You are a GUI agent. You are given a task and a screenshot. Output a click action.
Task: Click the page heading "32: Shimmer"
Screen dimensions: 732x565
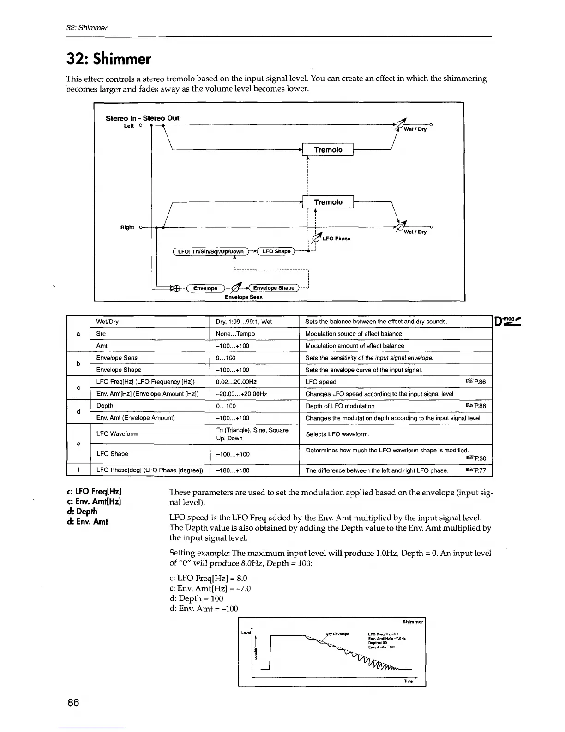point(109,59)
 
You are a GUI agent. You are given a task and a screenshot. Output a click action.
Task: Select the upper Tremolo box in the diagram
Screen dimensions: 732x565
point(328,150)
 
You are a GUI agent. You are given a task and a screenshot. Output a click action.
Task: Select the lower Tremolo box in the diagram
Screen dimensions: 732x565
point(328,202)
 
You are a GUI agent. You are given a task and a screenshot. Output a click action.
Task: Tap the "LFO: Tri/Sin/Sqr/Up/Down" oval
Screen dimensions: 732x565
point(210,251)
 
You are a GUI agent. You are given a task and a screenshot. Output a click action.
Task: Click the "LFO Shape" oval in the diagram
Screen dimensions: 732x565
point(276,251)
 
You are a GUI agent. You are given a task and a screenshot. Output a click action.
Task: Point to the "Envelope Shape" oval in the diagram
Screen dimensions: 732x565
point(273,288)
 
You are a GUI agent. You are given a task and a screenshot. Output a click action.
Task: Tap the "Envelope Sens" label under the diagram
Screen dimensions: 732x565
point(243,297)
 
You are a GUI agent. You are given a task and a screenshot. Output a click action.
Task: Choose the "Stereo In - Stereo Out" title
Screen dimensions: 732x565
point(142,118)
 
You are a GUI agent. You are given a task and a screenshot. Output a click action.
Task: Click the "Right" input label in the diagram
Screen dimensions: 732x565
point(127,227)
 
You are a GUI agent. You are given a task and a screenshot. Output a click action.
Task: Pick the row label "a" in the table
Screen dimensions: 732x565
point(78,334)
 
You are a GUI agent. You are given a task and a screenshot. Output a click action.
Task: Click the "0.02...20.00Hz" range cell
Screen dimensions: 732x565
point(236,382)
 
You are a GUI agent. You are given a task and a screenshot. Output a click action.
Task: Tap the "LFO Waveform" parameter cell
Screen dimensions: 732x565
point(117,434)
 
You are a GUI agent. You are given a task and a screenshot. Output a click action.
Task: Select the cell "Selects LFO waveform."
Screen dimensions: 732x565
point(337,434)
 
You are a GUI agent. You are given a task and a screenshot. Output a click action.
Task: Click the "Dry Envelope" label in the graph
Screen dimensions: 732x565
point(337,634)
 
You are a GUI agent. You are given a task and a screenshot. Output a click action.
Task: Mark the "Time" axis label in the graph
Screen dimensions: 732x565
point(408,681)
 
